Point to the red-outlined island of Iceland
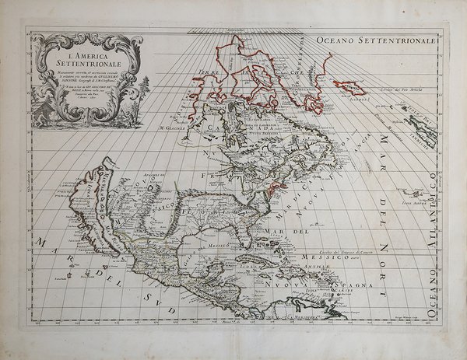pyautogui.click(x=350, y=86)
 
